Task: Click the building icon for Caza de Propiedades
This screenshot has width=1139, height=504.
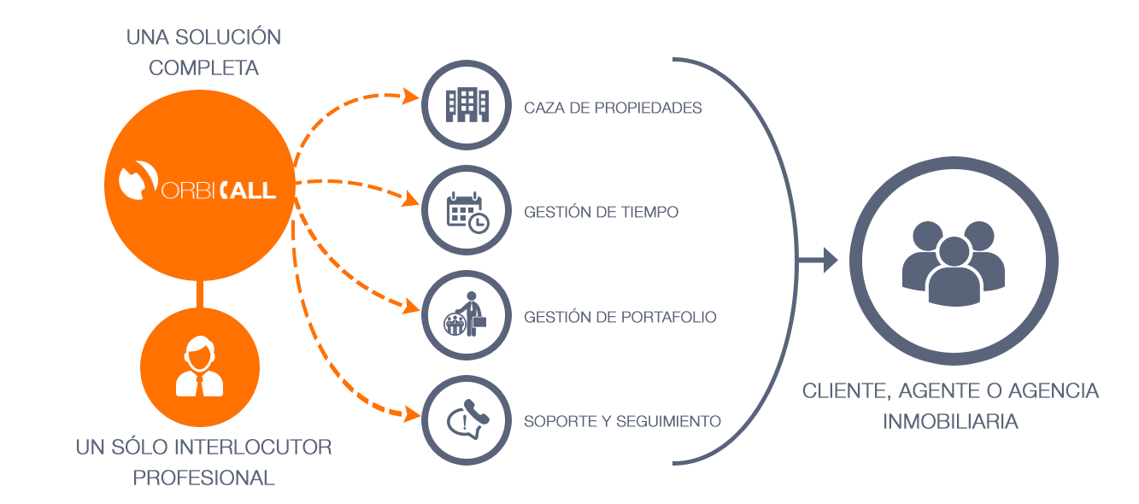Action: point(467,106)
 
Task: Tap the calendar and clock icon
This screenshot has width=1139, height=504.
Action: point(467,212)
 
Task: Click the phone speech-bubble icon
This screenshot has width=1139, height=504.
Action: point(467,421)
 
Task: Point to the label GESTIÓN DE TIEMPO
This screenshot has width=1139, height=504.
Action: point(602,212)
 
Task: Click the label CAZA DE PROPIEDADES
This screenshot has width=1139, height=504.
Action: point(613,108)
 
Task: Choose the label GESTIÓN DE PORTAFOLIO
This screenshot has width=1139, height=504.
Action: point(619,317)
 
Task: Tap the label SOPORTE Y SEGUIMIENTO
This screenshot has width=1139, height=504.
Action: point(622,421)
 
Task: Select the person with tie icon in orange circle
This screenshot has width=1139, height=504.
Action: point(200,367)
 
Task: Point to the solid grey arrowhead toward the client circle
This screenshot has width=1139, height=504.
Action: point(830,260)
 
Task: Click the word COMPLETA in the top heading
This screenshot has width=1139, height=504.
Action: point(203,67)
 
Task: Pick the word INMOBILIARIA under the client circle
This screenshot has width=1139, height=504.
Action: point(950,422)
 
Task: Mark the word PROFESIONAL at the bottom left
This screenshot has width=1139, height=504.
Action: point(203,478)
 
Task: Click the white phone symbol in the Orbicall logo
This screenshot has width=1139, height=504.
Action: point(135,179)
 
